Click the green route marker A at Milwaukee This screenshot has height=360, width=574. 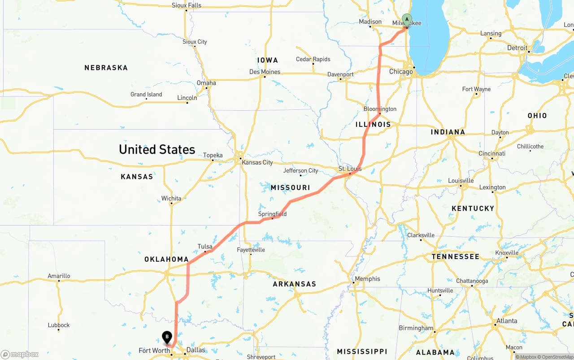click(x=407, y=20)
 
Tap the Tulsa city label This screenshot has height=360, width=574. click(x=205, y=247)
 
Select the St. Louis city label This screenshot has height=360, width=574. click(x=350, y=169)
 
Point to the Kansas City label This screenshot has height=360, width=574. click(x=257, y=162)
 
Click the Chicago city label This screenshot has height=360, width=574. click(x=401, y=72)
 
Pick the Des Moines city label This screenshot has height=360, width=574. click(x=265, y=72)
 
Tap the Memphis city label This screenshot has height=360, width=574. click(x=367, y=279)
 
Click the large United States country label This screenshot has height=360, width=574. click(x=157, y=149)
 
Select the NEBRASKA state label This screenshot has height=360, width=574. click(x=106, y=68)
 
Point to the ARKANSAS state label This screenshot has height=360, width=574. click(x=294, y=284)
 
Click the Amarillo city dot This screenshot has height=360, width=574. click(x=59, y=281)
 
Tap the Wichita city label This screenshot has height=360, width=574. click(x=171, y=198)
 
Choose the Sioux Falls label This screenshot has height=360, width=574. click(x=187, y=5)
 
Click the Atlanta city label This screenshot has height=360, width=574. click(x=506, y=321)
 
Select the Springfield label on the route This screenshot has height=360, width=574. click(x=272, y=214)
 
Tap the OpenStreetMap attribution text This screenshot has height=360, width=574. click(x=556, y=357)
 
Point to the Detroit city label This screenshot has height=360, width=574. click(x=517, y=48)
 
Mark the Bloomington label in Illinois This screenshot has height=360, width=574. click(x=380, y=109)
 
